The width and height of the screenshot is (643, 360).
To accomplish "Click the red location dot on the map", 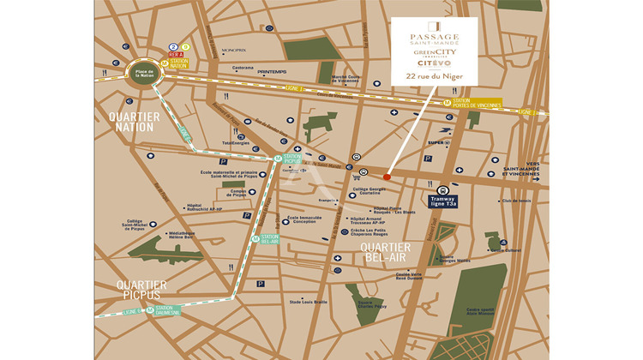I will (387, 177).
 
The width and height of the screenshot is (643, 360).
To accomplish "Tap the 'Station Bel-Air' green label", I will (269, 240).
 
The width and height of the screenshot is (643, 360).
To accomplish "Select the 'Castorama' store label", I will (243, 68).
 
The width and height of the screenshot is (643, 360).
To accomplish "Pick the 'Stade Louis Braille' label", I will (308, 302).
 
